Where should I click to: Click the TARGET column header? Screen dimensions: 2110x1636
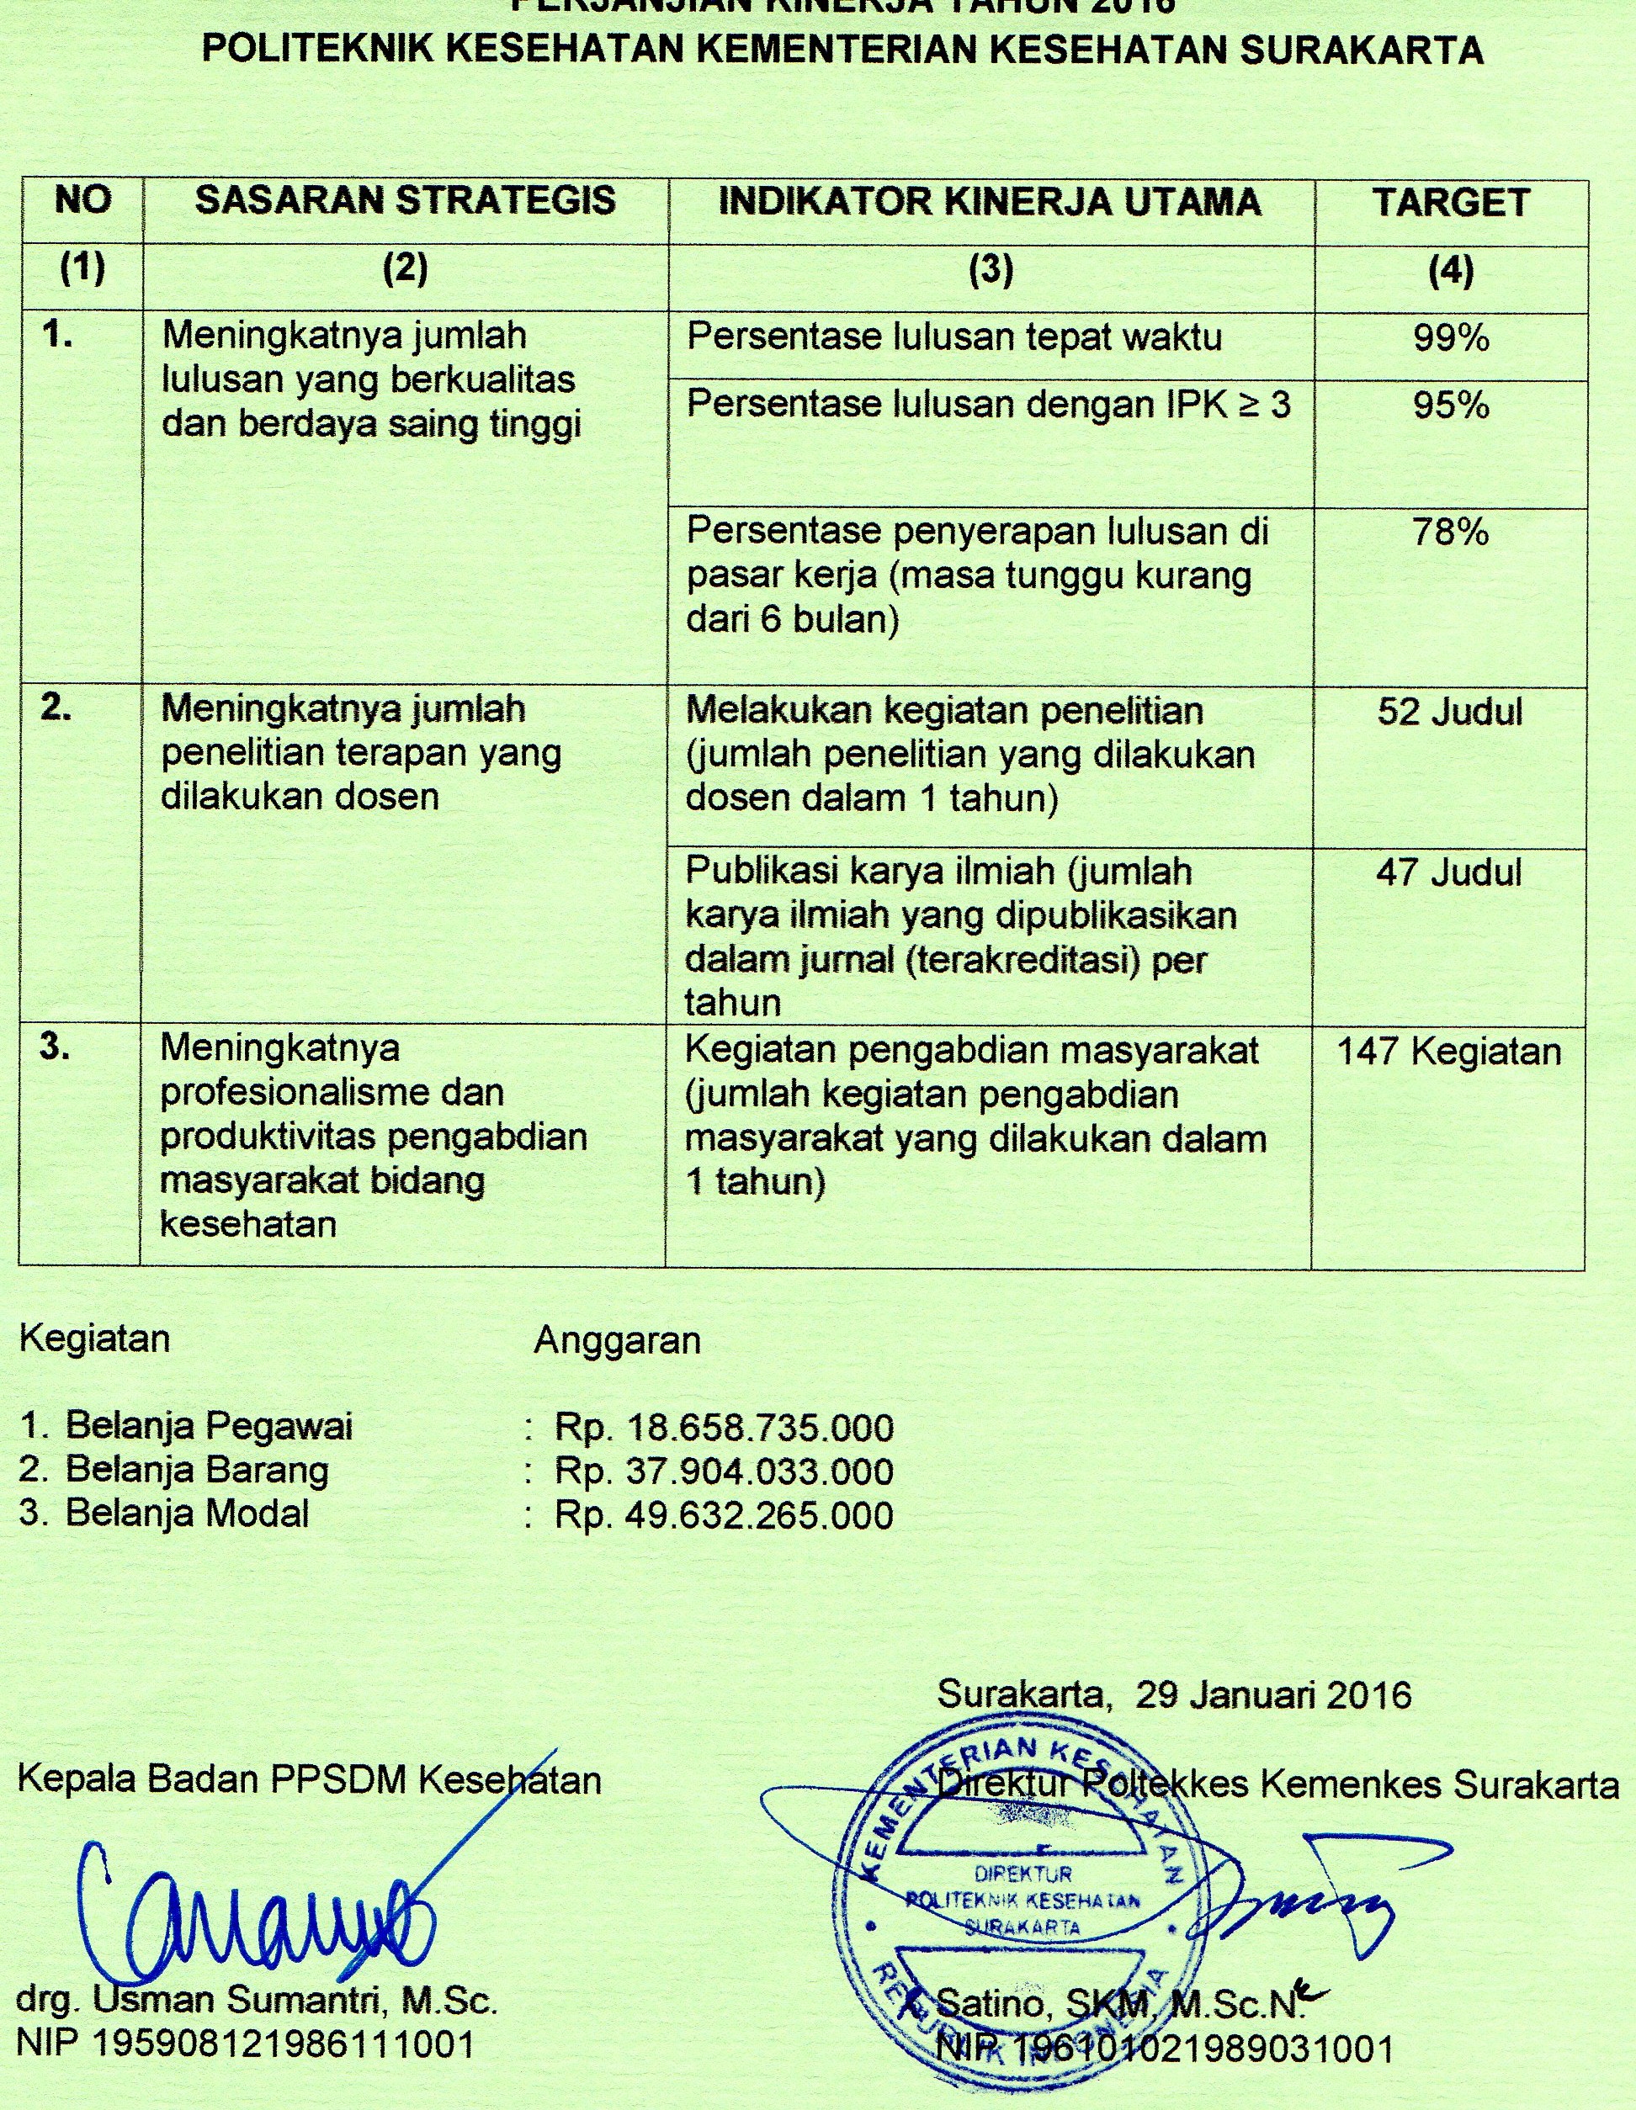tap(1451, 203)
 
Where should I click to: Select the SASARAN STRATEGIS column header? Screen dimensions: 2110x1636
tap(405, 200)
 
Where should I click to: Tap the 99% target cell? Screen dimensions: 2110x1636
tap(1451, 338)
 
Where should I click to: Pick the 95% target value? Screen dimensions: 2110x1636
tap(1451, 406)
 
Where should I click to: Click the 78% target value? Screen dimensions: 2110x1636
tap(1451, 533)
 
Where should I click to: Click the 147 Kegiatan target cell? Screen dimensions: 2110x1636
tap(1448, 1051)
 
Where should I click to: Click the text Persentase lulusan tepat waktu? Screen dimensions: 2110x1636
tap(953, 337)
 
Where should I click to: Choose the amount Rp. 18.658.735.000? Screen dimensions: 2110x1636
tap(724, 1427)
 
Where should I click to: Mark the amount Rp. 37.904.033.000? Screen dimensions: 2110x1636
tap(724, 1471)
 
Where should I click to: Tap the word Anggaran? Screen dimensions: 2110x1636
tap(617, 1340)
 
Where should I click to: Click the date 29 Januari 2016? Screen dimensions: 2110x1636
tap(1273, 1695)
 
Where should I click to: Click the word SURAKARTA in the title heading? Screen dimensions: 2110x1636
tap(1361, 51)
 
